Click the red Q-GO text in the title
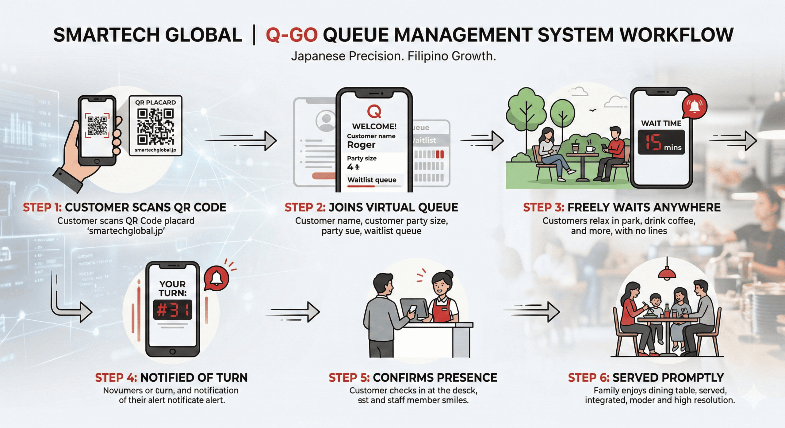(292, 35)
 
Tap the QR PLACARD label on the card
(155, 102)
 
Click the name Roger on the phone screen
(361, 145)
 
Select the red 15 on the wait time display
(653, 143)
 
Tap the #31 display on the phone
(173, 310)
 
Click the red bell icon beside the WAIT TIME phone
(694, 107)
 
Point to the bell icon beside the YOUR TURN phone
(216, 278)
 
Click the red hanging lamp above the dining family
(667, 273)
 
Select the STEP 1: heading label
(42, 208)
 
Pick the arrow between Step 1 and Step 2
(241, 141)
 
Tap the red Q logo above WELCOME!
(374, 112)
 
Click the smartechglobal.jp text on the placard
(155, 150)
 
